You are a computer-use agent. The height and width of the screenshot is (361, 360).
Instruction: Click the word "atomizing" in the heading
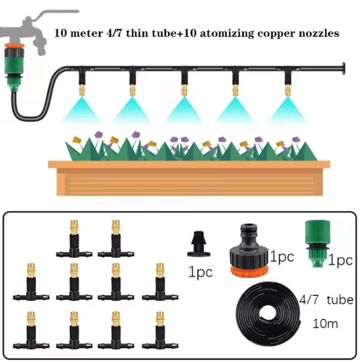(227, 34)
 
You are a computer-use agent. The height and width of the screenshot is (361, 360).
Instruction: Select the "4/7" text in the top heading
(114, 33)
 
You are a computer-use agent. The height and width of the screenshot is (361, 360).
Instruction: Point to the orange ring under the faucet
(14, 45)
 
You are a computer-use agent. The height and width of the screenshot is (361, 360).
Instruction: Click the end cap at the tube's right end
(343, 68)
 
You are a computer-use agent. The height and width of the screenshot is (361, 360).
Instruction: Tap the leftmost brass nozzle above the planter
(82, 90)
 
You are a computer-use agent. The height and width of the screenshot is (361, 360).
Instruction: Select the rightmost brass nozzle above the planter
(287, 90)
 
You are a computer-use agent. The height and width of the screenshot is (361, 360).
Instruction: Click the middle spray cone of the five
(184, 109)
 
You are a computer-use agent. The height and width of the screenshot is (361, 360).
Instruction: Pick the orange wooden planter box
(189, 178)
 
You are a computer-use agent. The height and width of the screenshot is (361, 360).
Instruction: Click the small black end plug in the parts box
(199, 243)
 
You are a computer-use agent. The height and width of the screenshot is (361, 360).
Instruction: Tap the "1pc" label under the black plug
(200, 272)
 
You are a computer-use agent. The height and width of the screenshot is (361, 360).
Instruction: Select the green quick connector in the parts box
(318, 244)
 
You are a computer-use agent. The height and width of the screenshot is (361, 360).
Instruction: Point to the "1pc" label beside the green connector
(340, 261)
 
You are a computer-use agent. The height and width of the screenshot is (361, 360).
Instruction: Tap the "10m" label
(326, 324)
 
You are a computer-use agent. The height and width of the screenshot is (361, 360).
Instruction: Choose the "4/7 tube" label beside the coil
(326, 300)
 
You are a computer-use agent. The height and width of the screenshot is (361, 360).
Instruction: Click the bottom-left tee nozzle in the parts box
(31, 330)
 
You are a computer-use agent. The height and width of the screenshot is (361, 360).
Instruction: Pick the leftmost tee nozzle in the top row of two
(74, 239)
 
